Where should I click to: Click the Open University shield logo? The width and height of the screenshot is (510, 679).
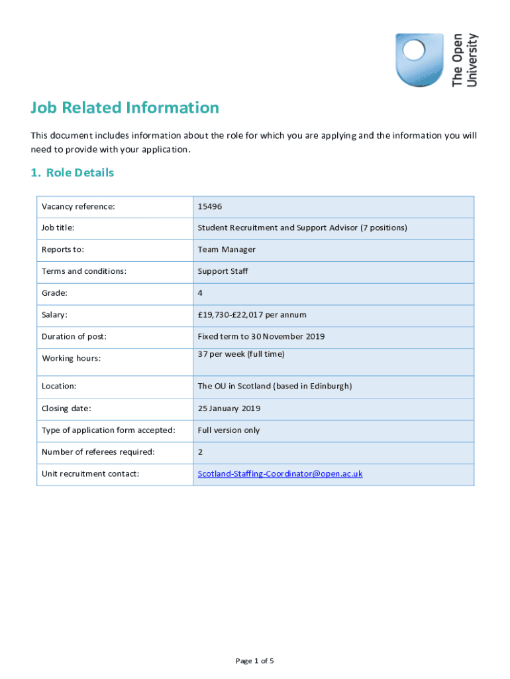(419, 60)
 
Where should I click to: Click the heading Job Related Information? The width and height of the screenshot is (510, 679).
(125, 107)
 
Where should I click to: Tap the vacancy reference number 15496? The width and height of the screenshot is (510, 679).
(210, 206)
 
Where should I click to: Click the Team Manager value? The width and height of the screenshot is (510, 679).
(227, 250)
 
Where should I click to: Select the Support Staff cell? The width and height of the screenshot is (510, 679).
(223, 271)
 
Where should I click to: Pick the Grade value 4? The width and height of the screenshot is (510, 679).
(201, 293)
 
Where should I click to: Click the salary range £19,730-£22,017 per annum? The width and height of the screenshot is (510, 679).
(252, 315)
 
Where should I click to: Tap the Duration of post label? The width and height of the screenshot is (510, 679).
(74, 337)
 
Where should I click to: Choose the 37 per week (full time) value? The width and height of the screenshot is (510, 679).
(241, 354)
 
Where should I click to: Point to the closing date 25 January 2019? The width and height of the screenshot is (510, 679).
(229, 408)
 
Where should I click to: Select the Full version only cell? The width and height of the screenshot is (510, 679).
(229, 430)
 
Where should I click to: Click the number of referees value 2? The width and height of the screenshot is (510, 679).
(201, 452)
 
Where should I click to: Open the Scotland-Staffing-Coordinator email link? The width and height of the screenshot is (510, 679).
(280, 474)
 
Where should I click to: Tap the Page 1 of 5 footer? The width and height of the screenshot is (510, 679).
(255, 661)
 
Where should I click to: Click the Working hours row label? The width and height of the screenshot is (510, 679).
(71, 359)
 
